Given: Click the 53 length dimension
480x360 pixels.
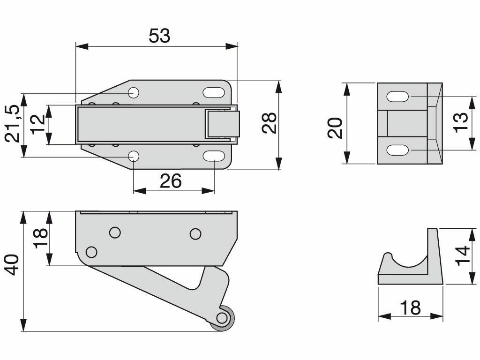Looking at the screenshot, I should (x=159, y=36).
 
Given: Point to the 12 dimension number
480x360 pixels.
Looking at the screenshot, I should (x=39, y=124).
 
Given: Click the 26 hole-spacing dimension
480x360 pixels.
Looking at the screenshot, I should (x=171, y=180).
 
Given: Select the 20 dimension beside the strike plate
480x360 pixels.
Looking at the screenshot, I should (x=335, y=127).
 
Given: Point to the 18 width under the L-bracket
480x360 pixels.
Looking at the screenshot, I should (x=411, y=308).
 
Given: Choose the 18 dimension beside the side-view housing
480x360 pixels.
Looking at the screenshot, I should (x=40, y=239).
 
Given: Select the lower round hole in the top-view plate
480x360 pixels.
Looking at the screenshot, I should (x=134, y=156).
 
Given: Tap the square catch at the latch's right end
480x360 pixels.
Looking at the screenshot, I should (x=221, y=124).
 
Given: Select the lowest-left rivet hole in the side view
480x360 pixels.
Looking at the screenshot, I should (x=92, y=252).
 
